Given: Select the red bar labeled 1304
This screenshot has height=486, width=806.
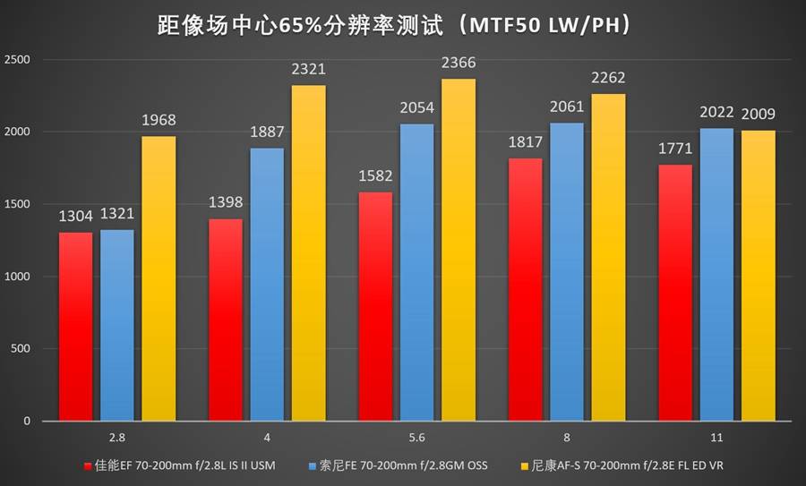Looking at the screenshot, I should tap(75, 327).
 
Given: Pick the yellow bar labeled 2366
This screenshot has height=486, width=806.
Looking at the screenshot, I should tap(458, 250).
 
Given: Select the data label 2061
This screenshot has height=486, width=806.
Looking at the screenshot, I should tap(566, 107).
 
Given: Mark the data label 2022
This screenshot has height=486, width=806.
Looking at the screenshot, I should tap(716, 114).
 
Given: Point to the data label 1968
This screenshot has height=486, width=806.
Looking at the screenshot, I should tap(159, 121).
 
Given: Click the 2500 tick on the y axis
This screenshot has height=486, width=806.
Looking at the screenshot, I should tap(17, 60).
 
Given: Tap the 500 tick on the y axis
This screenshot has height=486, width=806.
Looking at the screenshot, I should tap(21, 349).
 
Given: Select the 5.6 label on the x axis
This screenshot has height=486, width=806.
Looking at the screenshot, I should tap(416, 438).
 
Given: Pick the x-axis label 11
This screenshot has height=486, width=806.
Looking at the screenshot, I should tap(716, 438).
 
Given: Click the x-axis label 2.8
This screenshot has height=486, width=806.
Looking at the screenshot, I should tap(117, 438).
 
